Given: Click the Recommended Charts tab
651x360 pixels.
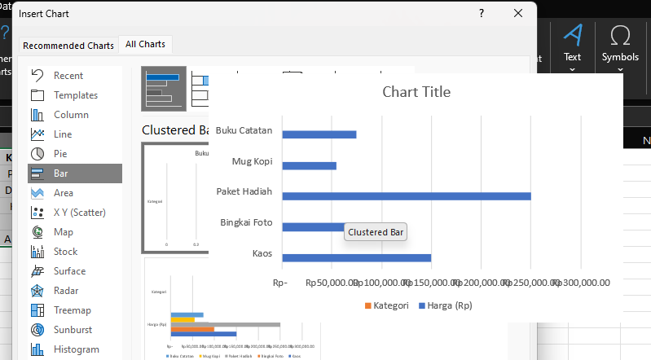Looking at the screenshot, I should (x=68, y=45).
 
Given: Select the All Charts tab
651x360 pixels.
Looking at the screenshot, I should (x=147, y=45).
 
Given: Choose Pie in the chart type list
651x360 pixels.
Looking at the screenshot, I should (x=60, y=154).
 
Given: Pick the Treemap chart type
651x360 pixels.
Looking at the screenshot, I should (x=72, y=310).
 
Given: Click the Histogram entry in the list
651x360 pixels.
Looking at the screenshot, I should (x=76, y=349).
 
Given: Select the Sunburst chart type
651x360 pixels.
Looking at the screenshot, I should (x=73, y=330).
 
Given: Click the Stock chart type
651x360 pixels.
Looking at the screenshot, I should (x=65, y=252).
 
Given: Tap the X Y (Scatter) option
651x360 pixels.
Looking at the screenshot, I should (x=79, y=213).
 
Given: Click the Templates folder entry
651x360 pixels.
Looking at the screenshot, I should (x=75, y=95).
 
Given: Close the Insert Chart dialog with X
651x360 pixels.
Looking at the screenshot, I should (x=518, y=13).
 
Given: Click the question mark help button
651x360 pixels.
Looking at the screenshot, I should (x=482, y=13).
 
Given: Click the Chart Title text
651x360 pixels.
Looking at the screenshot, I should (x=416, y=92).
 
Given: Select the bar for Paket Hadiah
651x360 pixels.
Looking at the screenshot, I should (x=407, y=195).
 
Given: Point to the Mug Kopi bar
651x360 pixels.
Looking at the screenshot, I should (x=310, y=165).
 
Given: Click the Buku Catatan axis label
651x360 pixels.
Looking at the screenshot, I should (x=244, y=131).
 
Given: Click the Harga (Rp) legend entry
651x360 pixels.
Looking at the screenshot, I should (x=445, y=305).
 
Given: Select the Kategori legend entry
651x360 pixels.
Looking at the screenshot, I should (x=385, y=305).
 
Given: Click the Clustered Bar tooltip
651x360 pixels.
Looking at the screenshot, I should (x=376, y=232).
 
